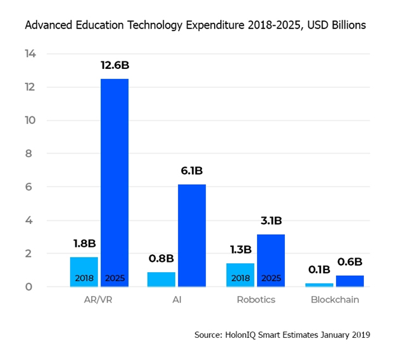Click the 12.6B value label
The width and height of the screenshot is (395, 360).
point(115,65)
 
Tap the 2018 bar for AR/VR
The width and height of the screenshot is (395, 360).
point(84,271)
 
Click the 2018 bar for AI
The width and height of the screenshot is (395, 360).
point(161,279)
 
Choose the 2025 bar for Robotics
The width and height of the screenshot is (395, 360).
point(270,260)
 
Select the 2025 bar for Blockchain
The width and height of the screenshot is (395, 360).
point(349,281)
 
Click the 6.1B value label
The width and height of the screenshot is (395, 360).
point(191,171)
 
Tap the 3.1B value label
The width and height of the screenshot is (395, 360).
point(270,221)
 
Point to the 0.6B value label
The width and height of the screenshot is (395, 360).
point(349,262)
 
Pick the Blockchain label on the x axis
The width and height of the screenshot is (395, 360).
point(335,300)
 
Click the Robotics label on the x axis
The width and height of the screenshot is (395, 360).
point(255,300)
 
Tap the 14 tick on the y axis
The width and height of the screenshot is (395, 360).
point(30,54)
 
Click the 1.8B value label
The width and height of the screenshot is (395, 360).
point(84,243)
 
